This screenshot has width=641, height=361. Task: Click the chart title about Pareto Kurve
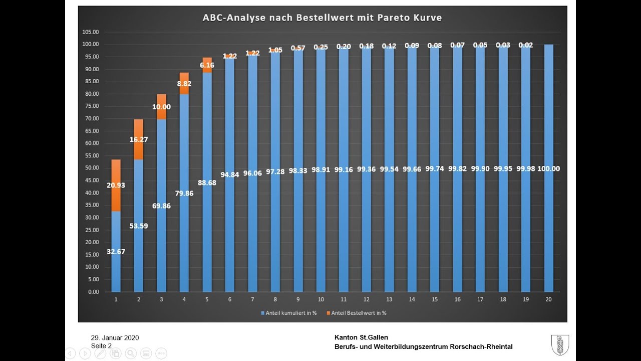tap(322, 18)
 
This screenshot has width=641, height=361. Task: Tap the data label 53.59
tap(138, 226)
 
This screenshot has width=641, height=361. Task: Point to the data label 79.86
tap(184, 193)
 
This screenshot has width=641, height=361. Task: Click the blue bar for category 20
tap(549, 226)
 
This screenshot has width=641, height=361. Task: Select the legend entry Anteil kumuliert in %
tap(288, 313)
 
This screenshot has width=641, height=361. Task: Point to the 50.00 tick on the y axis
tap(91, 168)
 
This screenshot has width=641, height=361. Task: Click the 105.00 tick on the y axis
tap(90, 32)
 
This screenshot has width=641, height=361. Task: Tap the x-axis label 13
tap(389, 299)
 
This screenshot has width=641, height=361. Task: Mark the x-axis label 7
tap(252, 299)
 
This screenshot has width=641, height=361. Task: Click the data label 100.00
tap(549, 168)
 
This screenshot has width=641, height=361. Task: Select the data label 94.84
tap(229, 175)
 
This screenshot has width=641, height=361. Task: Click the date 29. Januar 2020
tap(115, 337)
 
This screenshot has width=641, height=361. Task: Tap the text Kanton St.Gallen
tap(361, 337)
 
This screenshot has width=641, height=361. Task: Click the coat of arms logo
tap(559, 345)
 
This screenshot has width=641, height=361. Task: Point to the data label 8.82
tap(184, 84)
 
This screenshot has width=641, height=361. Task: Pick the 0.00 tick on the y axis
tap(92, 292)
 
